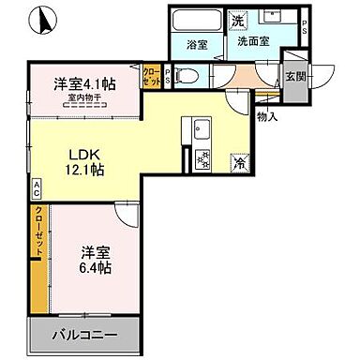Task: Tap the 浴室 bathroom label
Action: click(x=196, y=43)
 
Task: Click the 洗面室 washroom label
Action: click(x=252, y=43)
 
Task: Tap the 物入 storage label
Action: click(x=266, y=116)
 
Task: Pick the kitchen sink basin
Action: click(x=202, y=130)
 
